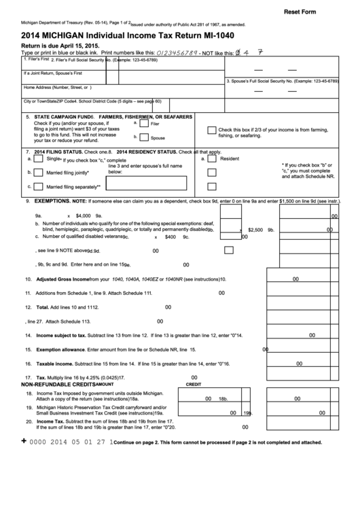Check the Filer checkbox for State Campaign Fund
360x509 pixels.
(x=144, y=124)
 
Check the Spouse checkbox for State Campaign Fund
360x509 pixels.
(x=144, y=136)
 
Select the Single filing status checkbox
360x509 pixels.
(x=39, y=158)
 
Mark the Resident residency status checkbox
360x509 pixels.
(x=212, y=158)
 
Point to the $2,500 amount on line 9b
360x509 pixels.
(x=255, y=230)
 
